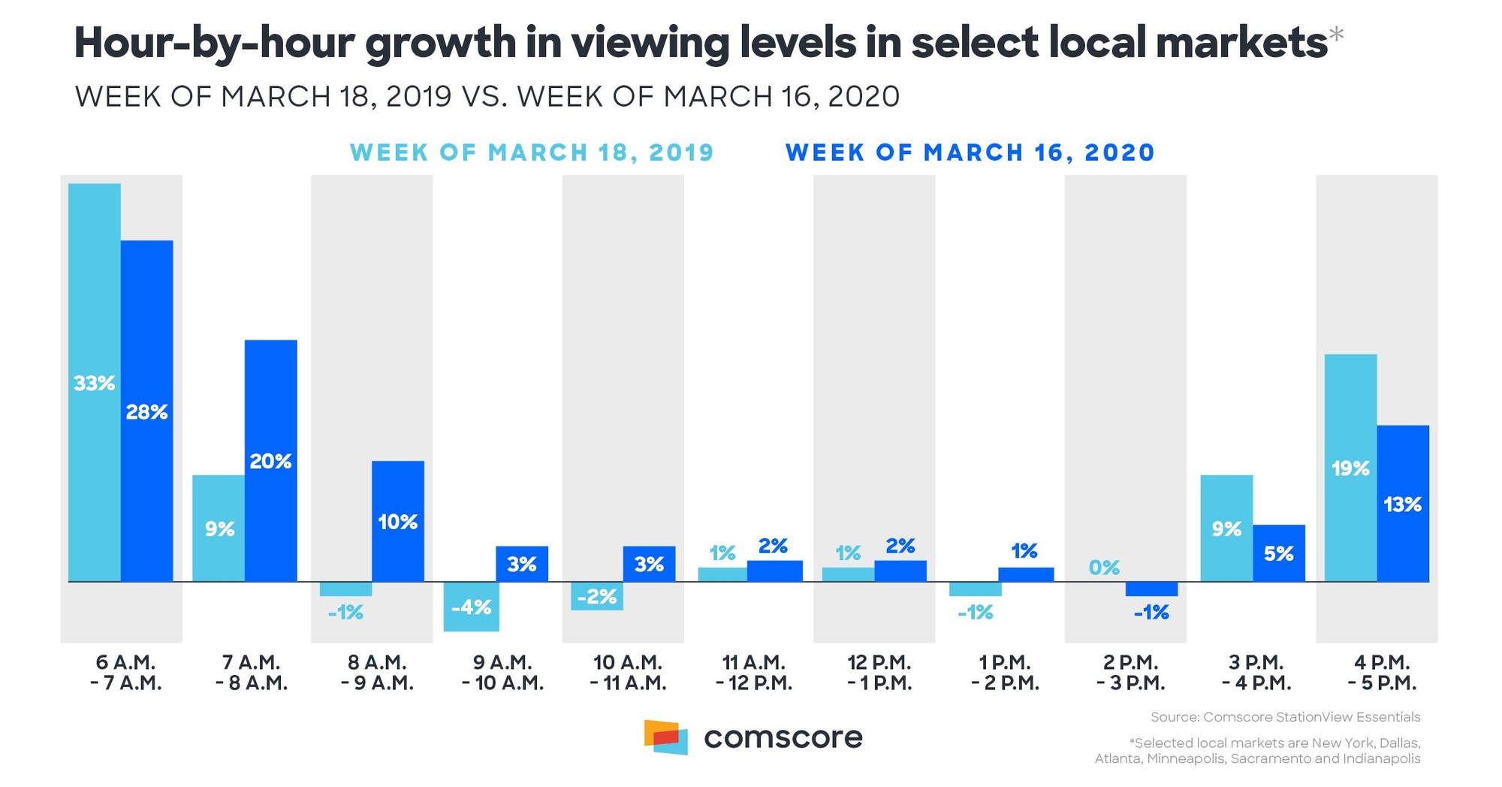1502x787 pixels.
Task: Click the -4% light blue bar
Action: pos(471,607)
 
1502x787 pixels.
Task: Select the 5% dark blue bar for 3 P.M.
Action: pos(1279,553)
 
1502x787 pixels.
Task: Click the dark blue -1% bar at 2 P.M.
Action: pos(1151,589)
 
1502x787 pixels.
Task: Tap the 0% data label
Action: pos(1104,568)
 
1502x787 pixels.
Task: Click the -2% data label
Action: pos(597,597)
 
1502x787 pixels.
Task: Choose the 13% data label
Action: pos(1403,504)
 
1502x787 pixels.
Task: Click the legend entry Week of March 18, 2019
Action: pos(532,153)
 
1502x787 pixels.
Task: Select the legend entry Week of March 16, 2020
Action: pos(970,153)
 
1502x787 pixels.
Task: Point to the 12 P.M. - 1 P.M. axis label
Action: pos(879,673)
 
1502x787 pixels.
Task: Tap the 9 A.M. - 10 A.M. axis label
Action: pos(502,673)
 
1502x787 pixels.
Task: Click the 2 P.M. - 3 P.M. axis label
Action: pos(1130,673)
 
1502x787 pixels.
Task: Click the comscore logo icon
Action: pos(666,737)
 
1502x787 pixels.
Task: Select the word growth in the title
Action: pos(441,44)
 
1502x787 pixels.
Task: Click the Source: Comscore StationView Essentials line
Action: pos(1285,717)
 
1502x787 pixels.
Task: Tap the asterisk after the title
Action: pos(1336,33)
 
